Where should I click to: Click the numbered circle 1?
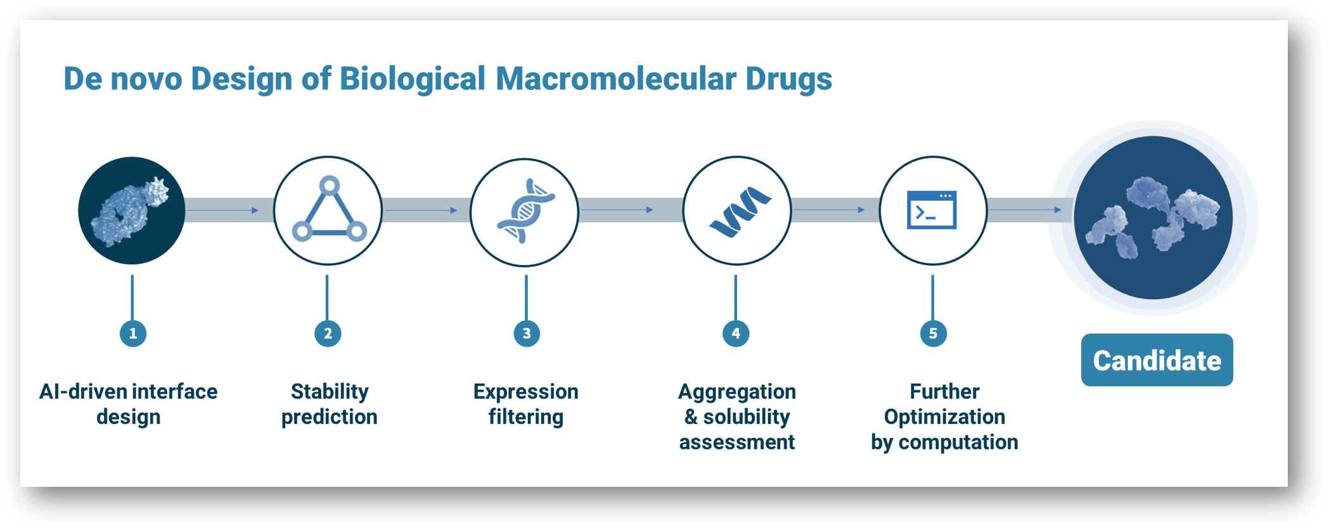[132, 333]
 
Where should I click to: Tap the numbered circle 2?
[328, 333]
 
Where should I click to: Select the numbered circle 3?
[527, 333]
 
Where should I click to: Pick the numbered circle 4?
[736, 333]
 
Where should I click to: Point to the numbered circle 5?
[933, 333]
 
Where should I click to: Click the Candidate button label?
[1157, 360]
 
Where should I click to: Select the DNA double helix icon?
[526, 211]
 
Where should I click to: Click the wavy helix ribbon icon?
[740, 212]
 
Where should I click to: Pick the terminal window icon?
[932, 210]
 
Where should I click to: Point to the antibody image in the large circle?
[1152, 217]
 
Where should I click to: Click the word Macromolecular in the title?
[615, 79]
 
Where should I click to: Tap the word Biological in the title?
[412, 79]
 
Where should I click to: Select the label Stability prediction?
[329, 404]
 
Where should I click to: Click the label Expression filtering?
[526, 404]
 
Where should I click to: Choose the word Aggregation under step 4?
[737, 392]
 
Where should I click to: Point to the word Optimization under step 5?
[944, 416]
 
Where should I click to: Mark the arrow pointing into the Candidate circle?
[1025, 209]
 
